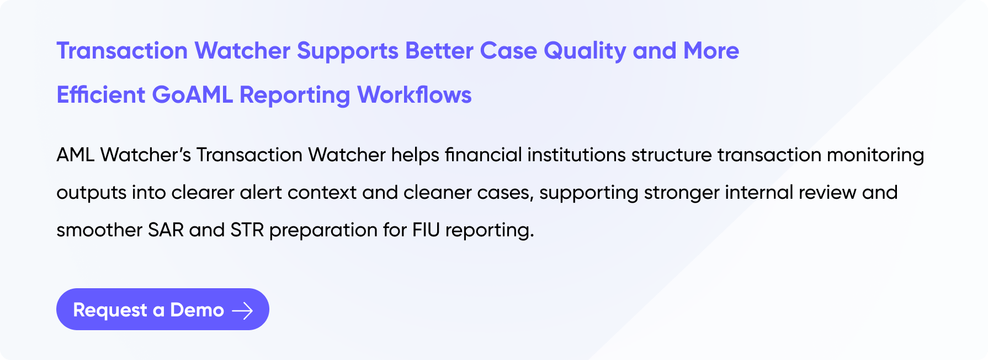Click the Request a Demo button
[163, 309]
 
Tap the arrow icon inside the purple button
[242, 311]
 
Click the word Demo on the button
[197, 310]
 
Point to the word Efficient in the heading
[101, 95]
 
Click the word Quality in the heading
[585, 51]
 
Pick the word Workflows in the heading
[415, 95]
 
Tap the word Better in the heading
[439, 51]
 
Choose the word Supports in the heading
[348, 51]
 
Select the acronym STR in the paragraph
[247, 230]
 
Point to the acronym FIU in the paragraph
[426, 230]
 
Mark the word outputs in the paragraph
[91, 193]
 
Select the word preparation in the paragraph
[323, 231]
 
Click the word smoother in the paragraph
[99, 230]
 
